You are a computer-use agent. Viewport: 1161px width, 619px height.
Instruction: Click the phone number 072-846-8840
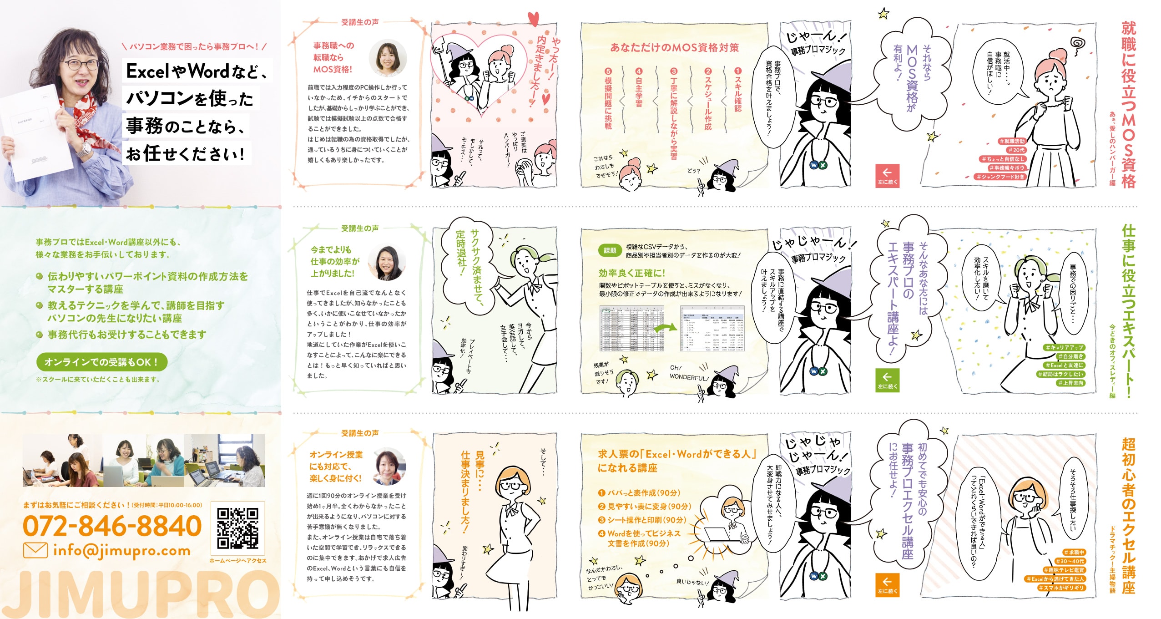[x=112, y=526]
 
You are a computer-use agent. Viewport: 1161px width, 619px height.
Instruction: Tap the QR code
[x=237, y=528]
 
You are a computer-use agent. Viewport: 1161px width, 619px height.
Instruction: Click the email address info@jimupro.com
[x=121, y=550]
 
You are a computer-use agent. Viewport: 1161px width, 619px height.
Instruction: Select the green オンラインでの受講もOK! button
[x=101, y=362]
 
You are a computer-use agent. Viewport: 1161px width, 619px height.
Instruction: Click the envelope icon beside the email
[x=35, y=550]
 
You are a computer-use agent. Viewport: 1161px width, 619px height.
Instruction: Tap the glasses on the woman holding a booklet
[x=80, y=64]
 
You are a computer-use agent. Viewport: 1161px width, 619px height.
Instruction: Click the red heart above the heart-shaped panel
[x=533, y=19]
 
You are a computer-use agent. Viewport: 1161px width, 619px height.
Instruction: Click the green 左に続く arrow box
[x=887, y=380]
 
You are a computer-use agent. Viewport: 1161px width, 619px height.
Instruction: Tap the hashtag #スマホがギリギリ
[x=1061, y=588]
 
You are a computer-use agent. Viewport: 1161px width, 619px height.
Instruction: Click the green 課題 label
[x=610, y=250]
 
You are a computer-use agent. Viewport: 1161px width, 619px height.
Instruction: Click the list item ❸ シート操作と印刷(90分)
[x=642, y=520]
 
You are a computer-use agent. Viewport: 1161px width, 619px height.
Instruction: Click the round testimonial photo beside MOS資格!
[x=388, y=58]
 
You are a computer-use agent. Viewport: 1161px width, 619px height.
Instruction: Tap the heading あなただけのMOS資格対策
[x=674, y=48]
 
